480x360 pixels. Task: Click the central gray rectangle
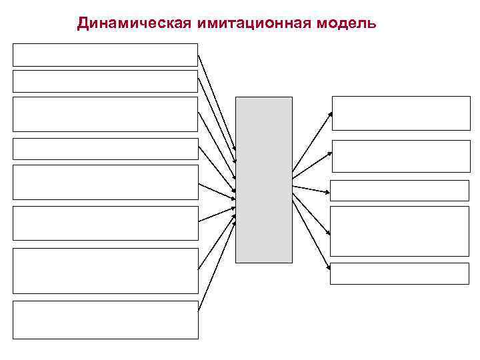pyautogui.click(x=264, y=179)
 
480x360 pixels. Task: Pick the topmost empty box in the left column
pyautogui.click(x=105, y=55)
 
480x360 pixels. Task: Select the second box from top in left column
pyautogui.click(x=105, y=81)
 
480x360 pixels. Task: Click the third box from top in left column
pyautogui.click(x=105, y=114)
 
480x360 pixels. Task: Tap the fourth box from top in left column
pyautogui.click(x=105, y=149)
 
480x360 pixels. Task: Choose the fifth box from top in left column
pyautogui.click(x=105, y=182)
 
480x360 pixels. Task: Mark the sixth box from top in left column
pyautogui.click(x=105, y=223)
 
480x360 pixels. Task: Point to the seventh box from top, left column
pyautogui.click(x=105, y=271)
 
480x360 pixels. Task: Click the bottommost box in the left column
pyautogui.click(x=105, y=320)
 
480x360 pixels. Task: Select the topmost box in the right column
pyautogui.click(x=401, y=113)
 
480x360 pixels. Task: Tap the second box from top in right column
pyautogui.click(x=401, y=157)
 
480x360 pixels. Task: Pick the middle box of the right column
pyautogui.click(x=399, y=191)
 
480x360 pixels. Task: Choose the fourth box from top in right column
pyautogui.click(x=399, y=231)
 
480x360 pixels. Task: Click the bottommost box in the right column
pyautogui.click(x=399, y=273)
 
